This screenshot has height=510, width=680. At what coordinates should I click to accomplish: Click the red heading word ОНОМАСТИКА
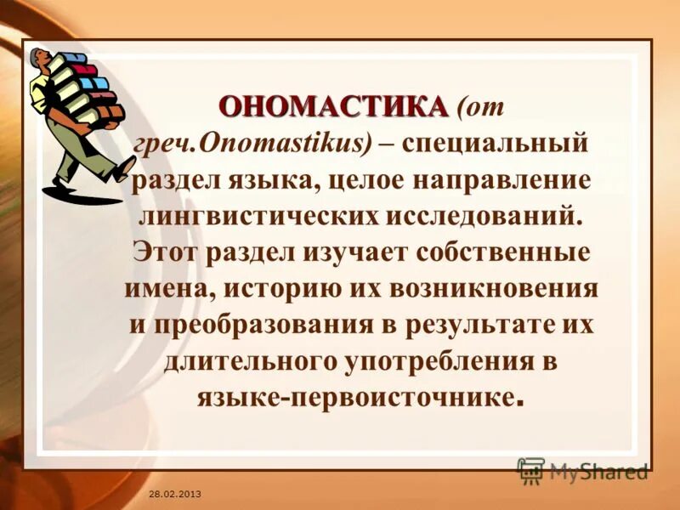coord(332,108)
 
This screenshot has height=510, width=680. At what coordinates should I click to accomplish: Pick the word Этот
coord(164,251)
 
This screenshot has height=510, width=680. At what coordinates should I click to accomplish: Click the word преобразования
coord(258,324)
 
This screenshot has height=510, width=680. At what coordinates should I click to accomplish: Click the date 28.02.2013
coord(173,494)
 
